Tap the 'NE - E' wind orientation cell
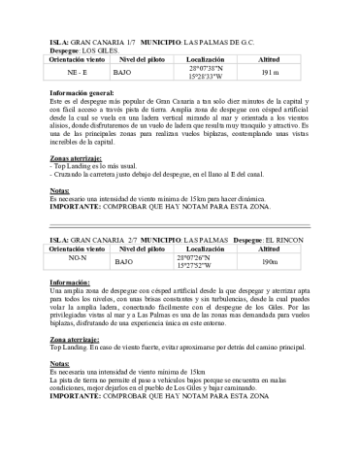click(77, 73)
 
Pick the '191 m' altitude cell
click(271, 73)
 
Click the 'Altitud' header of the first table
click(271, 60)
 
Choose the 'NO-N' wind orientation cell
click(77, 258)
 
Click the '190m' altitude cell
click(271, 262)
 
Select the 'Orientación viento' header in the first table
click(78, 60)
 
